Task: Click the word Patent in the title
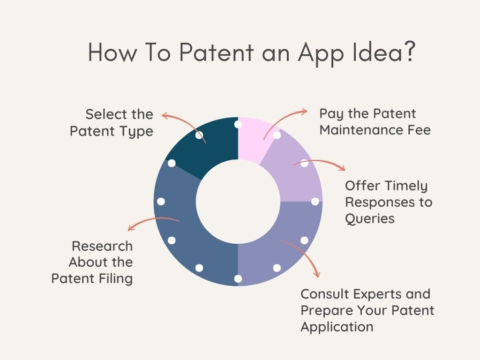[x=217, y=52]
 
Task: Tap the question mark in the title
[x=409, y=52]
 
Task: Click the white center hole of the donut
[x=238, y=202]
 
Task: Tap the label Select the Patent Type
[x=112, y=123]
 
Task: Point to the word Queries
[x=370, y=219]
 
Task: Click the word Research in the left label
[x=102, y=246]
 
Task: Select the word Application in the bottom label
[x=337, y=327]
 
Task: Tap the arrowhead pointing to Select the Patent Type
[x=165, y=116]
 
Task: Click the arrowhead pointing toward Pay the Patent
[x=304, y=112]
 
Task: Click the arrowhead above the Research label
[x=131, y=227]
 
